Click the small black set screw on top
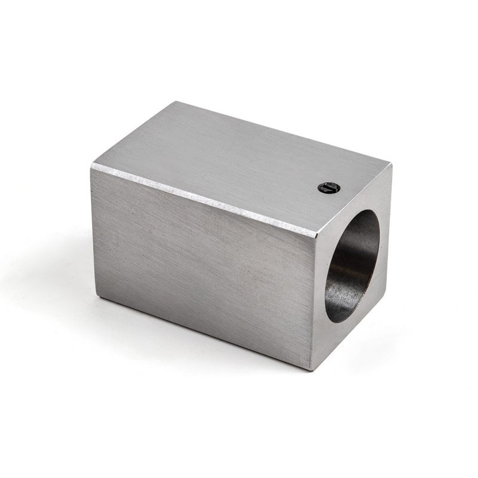click(x=329, y=188)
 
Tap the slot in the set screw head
click(x=328, y=188)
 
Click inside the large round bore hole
click(x=353, y=263)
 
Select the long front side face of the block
click(x=203, y=263)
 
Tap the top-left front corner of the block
click(x=92, y=167)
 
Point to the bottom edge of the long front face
click(x=203, y=333)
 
